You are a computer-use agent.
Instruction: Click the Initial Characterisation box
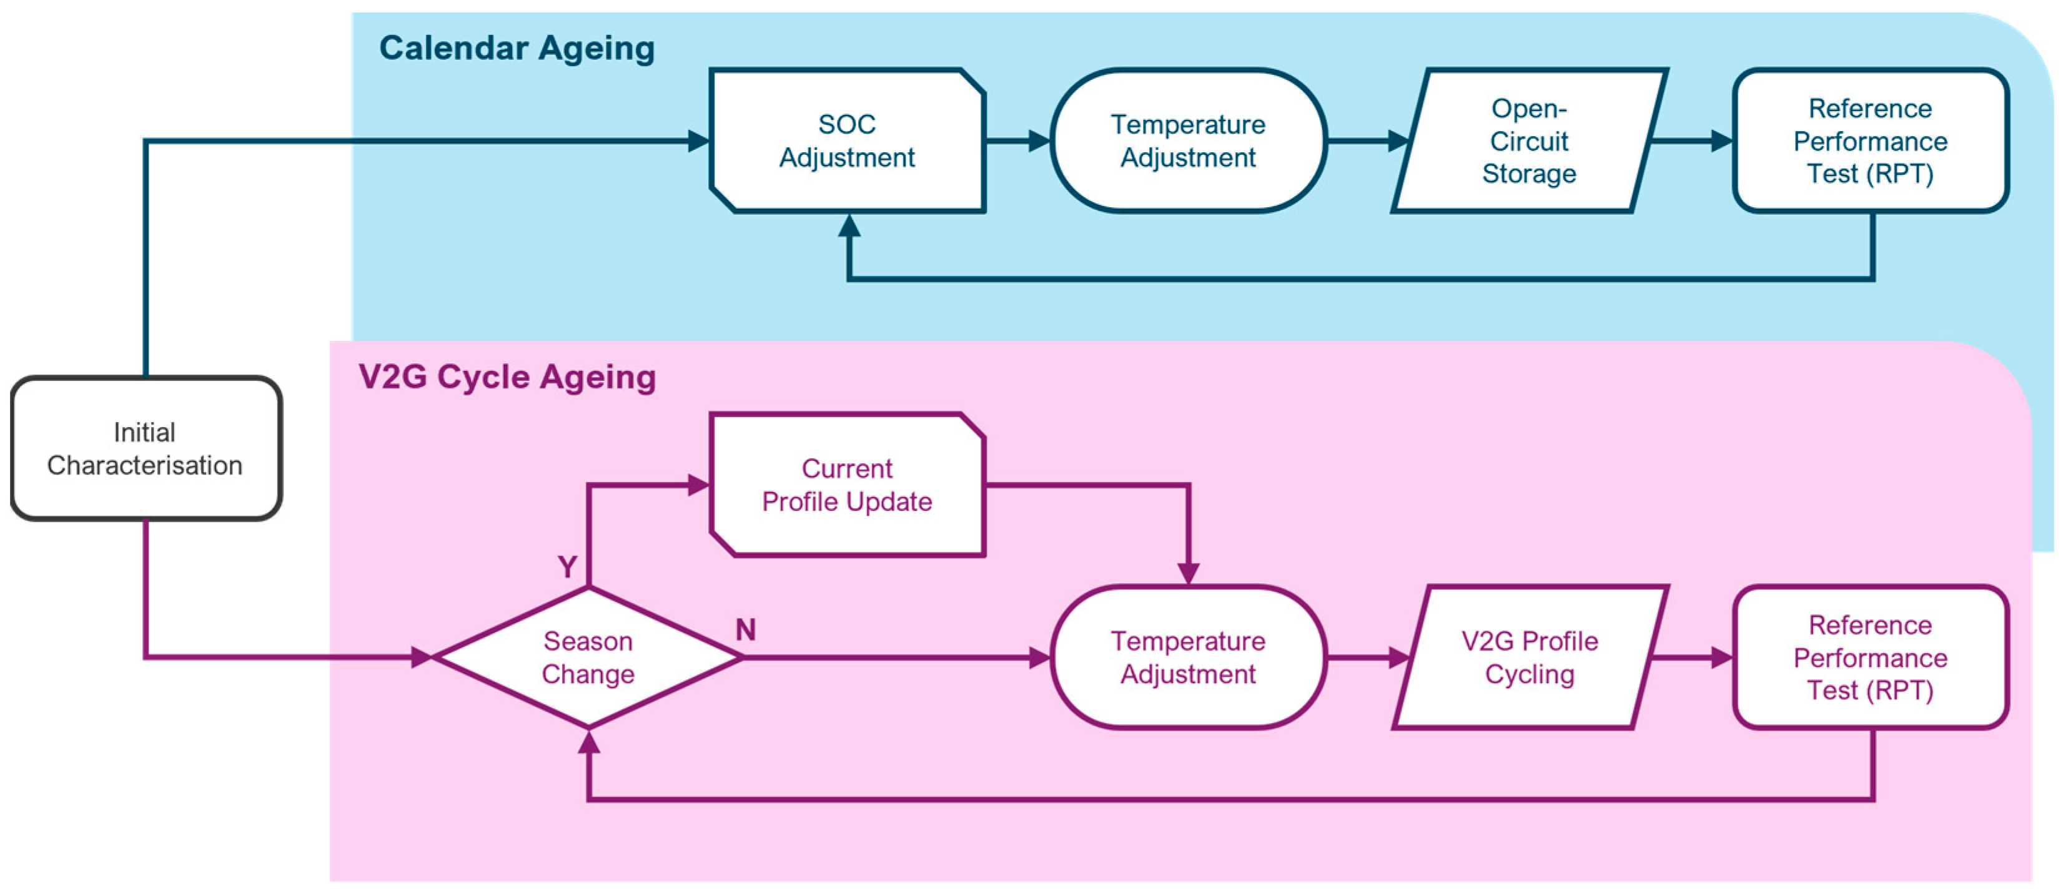click(145, 448)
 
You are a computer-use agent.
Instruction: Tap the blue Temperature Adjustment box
click(1188, 141)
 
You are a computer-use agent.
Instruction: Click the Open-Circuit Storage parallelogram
click(1529, 141)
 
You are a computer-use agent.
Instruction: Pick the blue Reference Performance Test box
click(1870, 141)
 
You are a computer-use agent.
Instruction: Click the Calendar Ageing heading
click(517, 48)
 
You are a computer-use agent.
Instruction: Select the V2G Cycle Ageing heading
click(507, 377)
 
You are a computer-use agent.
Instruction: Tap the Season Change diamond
click(588, 657)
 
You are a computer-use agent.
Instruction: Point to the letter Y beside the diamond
click(567, 567)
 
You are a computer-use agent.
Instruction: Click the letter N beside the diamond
click(746, 629)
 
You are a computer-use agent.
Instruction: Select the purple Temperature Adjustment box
click(1188, 657)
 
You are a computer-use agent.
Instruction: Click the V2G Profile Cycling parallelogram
click(1529, 657)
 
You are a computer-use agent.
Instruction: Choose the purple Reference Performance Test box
click(1870, 657)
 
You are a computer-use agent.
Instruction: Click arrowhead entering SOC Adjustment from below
click(849, 226)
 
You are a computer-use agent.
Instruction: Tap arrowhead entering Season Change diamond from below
click(588, 742)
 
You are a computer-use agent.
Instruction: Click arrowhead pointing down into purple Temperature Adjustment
click(1189, 573)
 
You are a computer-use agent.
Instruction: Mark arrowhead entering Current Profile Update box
click(698, 485)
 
